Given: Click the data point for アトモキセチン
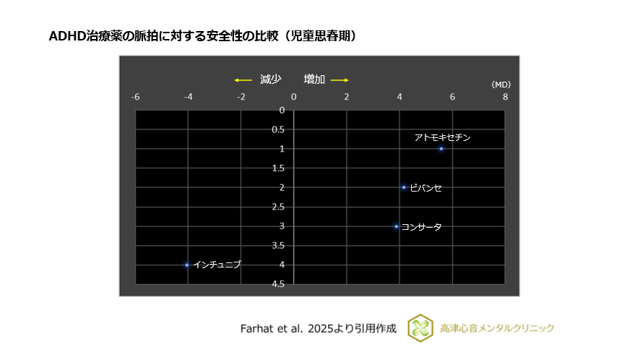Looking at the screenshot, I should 441,149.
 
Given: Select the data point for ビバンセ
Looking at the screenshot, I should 404,187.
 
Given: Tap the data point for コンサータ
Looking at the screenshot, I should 396,226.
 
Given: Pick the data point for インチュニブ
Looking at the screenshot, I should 187,265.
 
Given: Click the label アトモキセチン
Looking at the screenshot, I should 442,137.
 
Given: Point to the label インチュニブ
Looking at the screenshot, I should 217,265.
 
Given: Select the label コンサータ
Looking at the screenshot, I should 422,227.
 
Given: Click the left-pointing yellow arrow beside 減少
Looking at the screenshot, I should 242,80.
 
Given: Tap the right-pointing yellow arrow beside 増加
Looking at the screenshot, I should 340,80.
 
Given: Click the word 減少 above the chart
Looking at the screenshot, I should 270,80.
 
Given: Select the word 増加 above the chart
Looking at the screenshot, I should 314,80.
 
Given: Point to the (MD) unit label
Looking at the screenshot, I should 501,85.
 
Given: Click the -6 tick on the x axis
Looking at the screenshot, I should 135,97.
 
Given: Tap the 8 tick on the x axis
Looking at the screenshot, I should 505,97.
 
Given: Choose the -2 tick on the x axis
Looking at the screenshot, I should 241,97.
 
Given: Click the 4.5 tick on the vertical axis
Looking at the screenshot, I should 277,284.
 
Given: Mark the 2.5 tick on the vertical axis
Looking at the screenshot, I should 277,207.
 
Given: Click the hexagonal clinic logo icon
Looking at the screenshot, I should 420,327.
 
